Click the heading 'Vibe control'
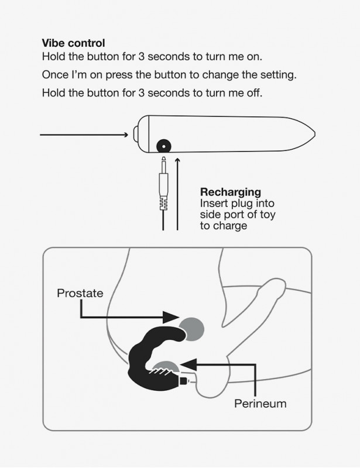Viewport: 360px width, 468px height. pyautogui.click(x=73, y=43)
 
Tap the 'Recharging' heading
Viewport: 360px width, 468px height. pyautogui.click(x=230, y=192)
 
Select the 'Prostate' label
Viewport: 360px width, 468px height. pyautogui.click(x=80, y=293)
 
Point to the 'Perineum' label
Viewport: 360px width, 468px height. pyautogui.click(x=260, y=404)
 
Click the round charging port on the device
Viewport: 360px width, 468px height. pyautogui.click(x=164, y=147)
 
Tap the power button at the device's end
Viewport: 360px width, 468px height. pyautogui.click(x=135, y=135)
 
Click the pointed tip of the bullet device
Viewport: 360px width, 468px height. pyautogui.click(x=314, y=135)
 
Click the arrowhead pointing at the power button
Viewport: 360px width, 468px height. pyautogui.click(x=126, y=135)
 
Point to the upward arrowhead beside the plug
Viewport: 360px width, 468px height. pyautogui.click(x=177, y=161)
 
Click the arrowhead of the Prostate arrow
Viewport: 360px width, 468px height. pyautogui.click(x=171, y=317)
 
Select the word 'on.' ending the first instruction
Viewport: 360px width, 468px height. pyautogui.click(x=254, y=56)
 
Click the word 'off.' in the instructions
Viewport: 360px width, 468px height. pyautogui.click(x=255, y=93)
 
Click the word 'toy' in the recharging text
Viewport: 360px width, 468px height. pyautogui.click(x=268, y=215)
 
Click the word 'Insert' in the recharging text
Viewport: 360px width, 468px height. pyautogui.click(x=212, y=203)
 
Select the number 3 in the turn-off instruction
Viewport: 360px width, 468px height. pyautogui.click(x=141, y=93)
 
